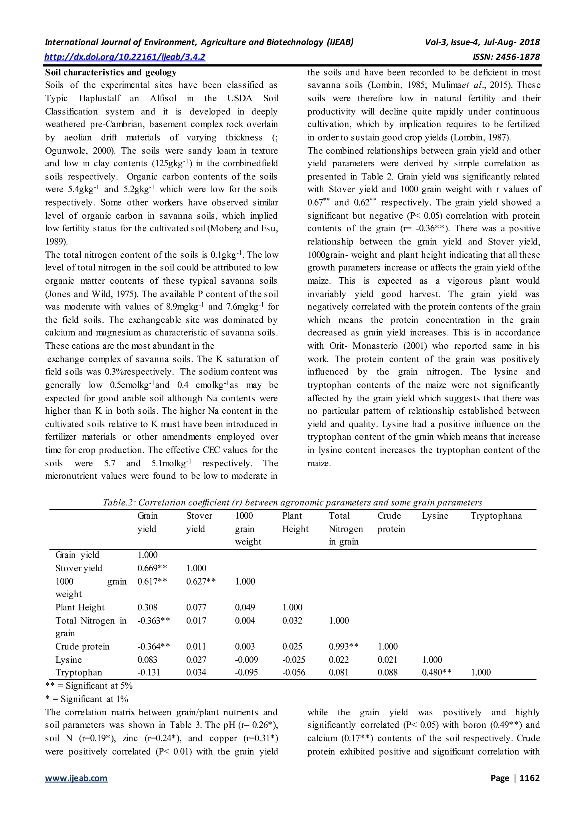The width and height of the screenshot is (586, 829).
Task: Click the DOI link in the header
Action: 125,57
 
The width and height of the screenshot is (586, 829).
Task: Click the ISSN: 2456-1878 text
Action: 506,57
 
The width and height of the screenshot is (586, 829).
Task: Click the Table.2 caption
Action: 292,502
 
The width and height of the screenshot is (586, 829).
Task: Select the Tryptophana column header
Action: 496,516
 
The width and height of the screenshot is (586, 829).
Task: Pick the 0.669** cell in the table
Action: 152,568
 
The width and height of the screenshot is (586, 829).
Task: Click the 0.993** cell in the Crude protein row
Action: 343,646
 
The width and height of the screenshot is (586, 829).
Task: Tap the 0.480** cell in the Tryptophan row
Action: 436,672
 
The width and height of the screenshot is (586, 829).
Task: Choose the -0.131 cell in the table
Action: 149,672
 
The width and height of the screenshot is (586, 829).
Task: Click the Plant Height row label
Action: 80,607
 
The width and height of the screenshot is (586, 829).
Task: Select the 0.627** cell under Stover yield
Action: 201,581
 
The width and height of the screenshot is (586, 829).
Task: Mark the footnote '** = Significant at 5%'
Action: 89,686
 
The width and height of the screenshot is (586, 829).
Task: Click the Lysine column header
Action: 435,516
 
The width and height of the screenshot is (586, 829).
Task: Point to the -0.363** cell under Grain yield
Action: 153,620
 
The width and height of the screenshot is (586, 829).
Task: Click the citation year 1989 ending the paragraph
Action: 56,242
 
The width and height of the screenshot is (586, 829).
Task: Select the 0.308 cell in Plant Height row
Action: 147,607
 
